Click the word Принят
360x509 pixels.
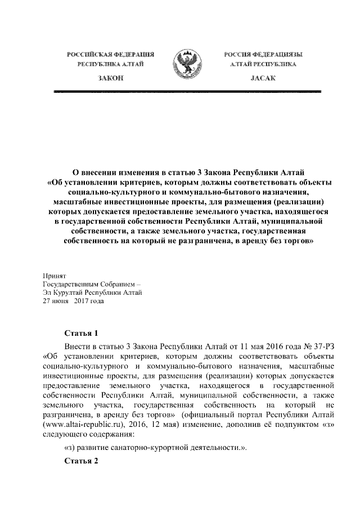point(55,276)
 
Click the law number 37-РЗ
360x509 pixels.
point(330,345)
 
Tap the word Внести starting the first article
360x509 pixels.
point(78,345)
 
